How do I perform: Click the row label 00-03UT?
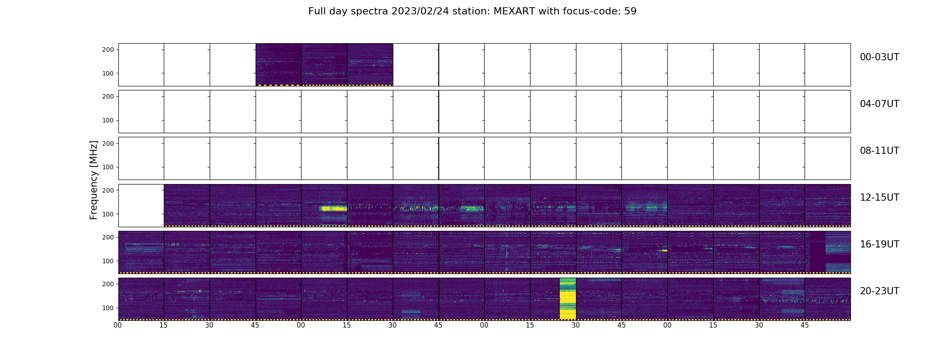pos(879,57)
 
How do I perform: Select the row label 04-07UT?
pos(879,104)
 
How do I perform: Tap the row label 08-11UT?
pos(879,151)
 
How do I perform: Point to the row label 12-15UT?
pos(879,198)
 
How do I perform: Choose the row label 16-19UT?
pos(879,244)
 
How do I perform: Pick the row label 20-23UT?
pos(879,291)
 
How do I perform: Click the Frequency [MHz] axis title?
pos(94,180)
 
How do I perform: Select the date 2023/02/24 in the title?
pos(418,11)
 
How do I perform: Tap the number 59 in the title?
pos(630,11)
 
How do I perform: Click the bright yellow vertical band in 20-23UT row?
pos(567,299)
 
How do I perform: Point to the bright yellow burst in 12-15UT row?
pos(333,208)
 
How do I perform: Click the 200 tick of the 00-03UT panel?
pos(108,49)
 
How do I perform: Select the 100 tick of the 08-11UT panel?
pos(108,167)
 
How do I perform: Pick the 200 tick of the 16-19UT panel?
pos(108,237)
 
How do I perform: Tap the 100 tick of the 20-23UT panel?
pos(108,308)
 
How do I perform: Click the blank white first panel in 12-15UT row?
pos(141,205)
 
